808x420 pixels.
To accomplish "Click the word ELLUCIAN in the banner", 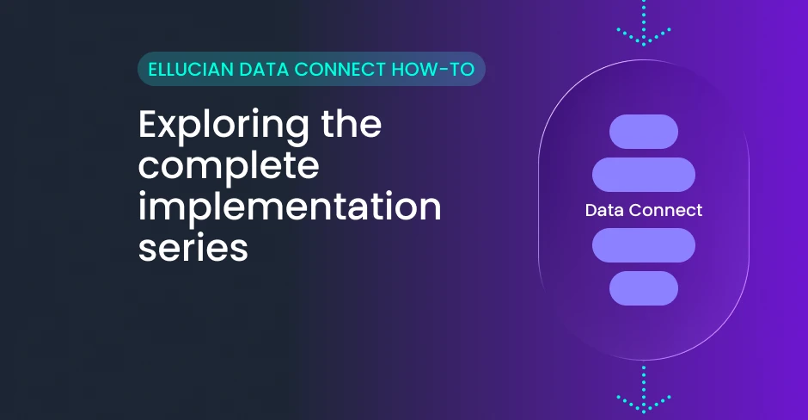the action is point(191,69).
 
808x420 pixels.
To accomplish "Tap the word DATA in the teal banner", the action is point(264,69).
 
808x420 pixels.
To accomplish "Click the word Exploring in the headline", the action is point(224,127).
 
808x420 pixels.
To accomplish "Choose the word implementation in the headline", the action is point(290,207).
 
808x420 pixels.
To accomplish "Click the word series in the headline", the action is point(193,248).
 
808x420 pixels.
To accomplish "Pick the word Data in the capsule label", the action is point(604,210).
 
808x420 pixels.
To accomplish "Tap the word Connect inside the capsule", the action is point(666,210).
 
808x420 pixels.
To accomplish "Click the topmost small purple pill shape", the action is point(644,132).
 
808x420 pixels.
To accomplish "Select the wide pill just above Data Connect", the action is point(644,175).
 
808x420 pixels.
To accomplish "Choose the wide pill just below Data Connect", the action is point(644,245).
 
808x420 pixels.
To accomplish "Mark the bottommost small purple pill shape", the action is point(644,288).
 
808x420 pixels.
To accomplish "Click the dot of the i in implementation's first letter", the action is point(143,195).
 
